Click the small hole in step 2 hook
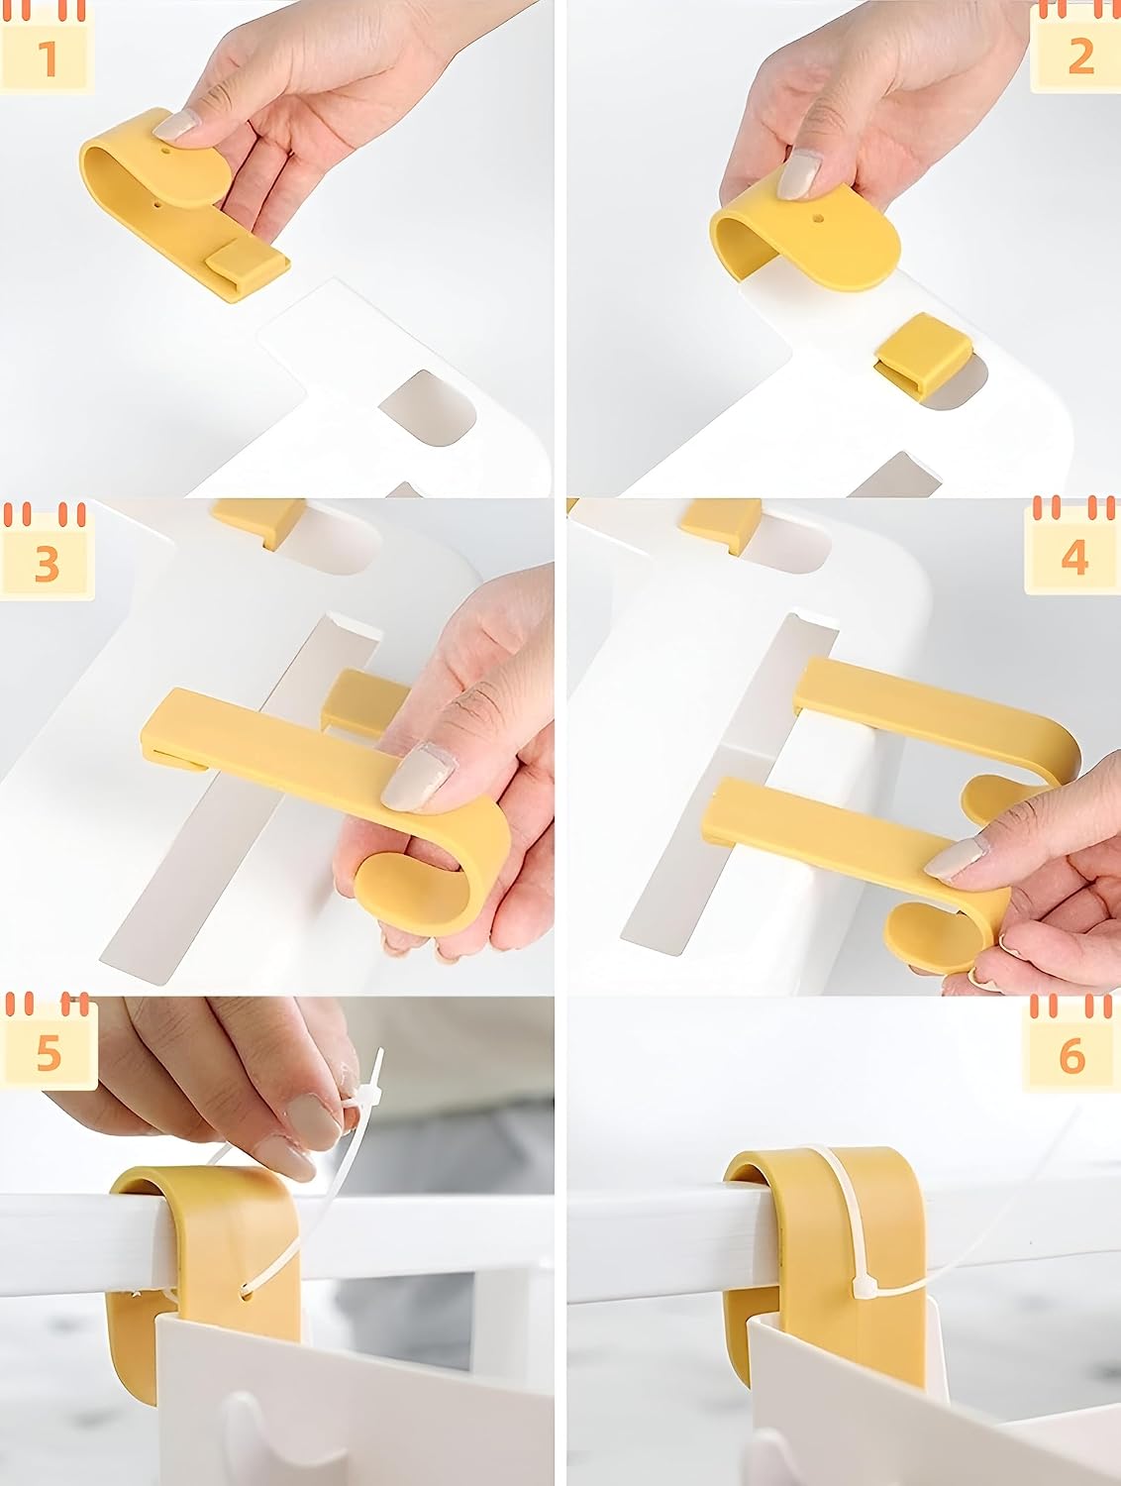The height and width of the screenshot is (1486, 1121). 819,219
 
